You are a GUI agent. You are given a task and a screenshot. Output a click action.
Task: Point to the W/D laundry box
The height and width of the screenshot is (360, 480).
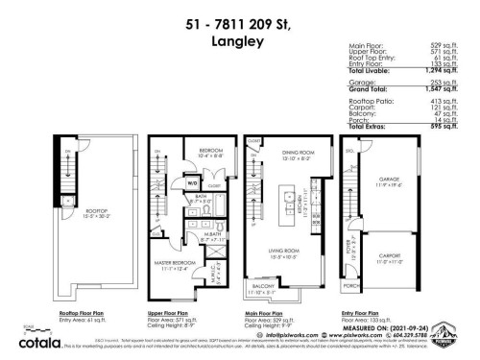[193, 182]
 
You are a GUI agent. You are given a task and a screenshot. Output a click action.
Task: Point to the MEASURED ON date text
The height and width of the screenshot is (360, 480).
[384, 331]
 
